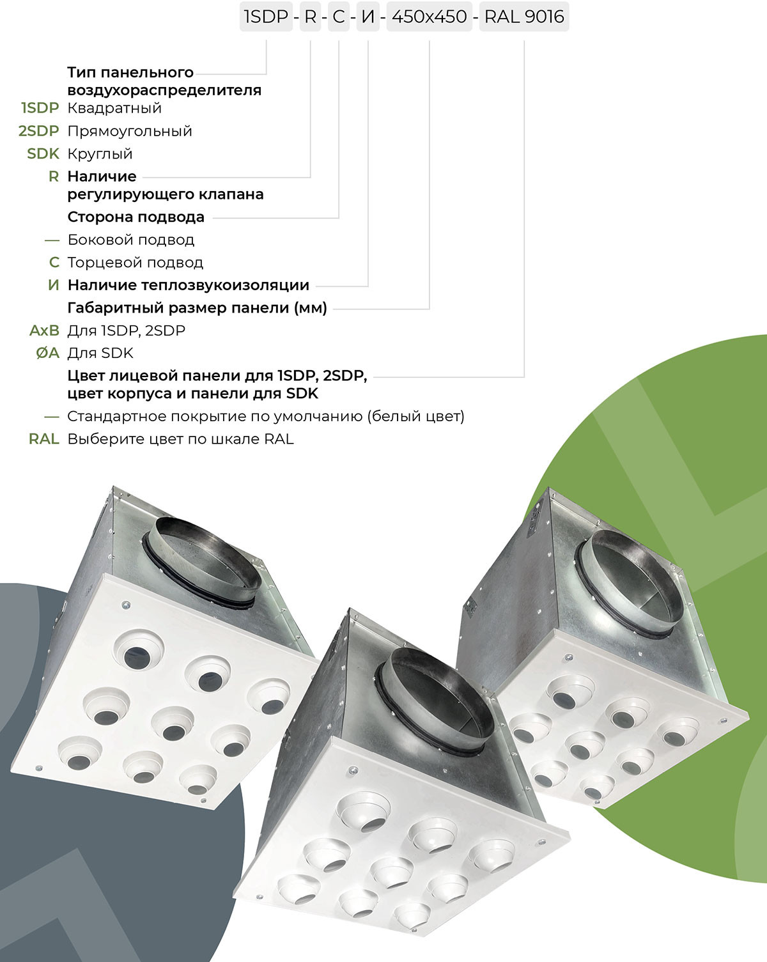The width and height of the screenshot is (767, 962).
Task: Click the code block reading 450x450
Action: (x=429, y=17)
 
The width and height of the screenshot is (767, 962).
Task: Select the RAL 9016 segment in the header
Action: (x=524, y=17)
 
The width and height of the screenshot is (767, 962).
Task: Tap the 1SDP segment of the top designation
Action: (x=266, y=17)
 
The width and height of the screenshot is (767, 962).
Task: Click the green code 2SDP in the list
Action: (x=39, y=131)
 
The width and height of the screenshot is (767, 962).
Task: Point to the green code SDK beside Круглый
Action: (x=43, y=154)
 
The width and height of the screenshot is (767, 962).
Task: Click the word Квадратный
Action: (x=114, y=108)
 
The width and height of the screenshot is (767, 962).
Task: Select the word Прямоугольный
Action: (x=130, y=132)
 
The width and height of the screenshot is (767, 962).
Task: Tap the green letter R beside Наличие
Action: (x=54, y=176)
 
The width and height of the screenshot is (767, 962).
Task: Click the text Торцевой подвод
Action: (x=136, y=263)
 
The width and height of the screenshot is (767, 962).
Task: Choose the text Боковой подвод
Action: (x=131, y=240)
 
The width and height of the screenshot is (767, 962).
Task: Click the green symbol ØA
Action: (x=47, y=353)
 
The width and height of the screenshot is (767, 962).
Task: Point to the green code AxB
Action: (x=44, y=331)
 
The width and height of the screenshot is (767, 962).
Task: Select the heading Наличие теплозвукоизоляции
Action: (x=188, y=285)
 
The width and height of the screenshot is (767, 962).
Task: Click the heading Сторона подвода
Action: (x=136, y=217)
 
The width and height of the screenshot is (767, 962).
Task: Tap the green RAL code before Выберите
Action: (x=44, y=439)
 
